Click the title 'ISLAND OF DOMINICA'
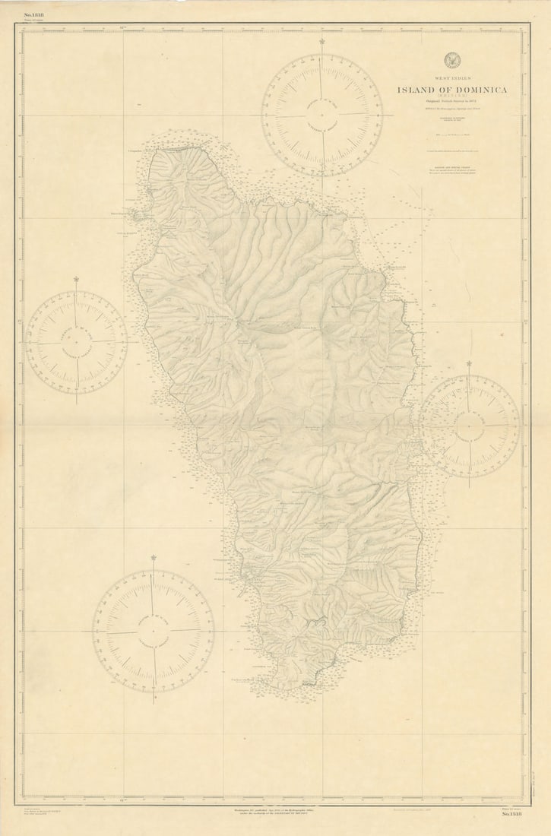(x=451, y=90)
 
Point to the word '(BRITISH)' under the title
(x=451, y=97)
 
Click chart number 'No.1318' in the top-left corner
(x=34, y=14)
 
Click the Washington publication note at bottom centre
(x=275, y=811)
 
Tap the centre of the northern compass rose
(x=322, y=114)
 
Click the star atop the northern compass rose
(x=322, y=42)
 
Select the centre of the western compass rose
(x=76, y=342)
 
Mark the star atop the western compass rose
(x=76, y=280)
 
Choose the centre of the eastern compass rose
(x=469, y=426)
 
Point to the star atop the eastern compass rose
(x=469, y=364)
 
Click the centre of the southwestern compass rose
(x=154, y=631)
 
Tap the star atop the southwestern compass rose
(x=154, y=558)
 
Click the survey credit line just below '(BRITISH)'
(x=451, y=103)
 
